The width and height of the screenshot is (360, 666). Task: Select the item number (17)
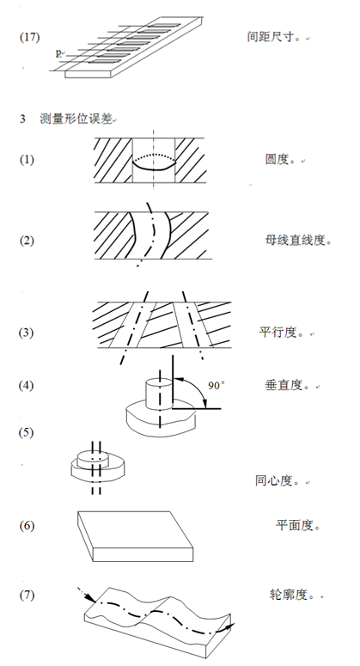pyautogui.click(x=30, y=37)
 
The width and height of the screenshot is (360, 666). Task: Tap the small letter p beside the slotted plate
pyautogui.click(x=58, y=53)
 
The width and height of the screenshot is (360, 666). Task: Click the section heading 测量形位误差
pyautogui.click(x=76, y=118)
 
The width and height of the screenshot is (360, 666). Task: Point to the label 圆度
pyautogui.click(x=278, y=159)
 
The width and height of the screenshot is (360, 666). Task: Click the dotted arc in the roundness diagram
pyautogui.click(x=154, y=156)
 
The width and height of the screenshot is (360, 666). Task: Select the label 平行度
pyautogui.click(x=278, y=333)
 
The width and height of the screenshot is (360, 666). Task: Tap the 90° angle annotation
pyautogui.click(x=216, y=386)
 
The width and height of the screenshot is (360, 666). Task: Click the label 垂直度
pyautogui.click(x=284, y=385)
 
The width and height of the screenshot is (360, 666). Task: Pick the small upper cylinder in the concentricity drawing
pyautogui.click(x=93, y=459)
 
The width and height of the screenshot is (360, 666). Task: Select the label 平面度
pyautogui.click(x=295, y=525)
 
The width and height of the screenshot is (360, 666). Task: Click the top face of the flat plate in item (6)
pyautogui.click(x=135, y=529)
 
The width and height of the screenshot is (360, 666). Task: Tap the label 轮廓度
pyautogui.click(x=288, y=595)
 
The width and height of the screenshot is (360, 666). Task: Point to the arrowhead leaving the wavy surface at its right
pyautogui.click(x=229, y=626)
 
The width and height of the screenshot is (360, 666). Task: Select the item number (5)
pyautogui.click(x=26, y=432)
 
